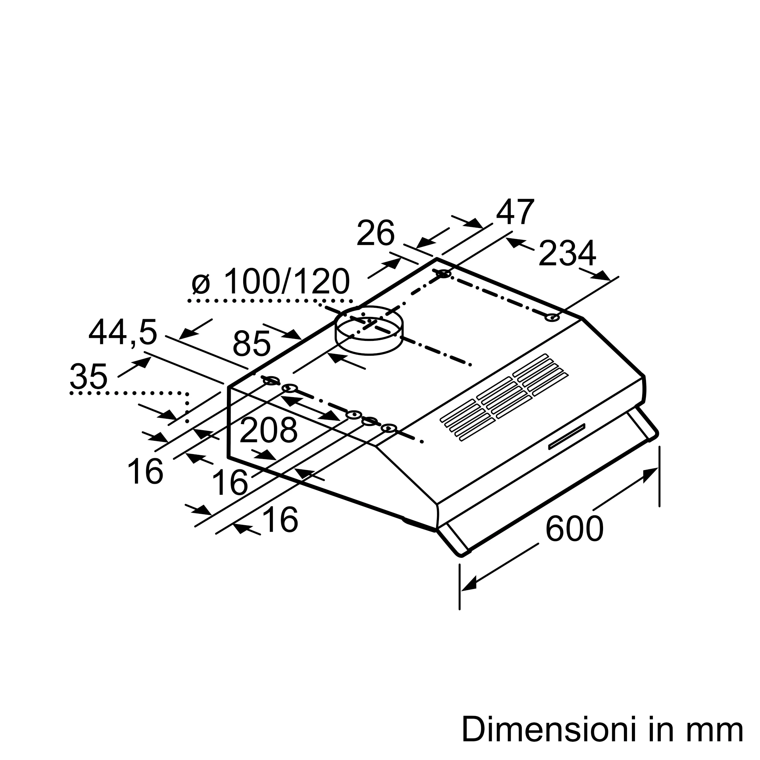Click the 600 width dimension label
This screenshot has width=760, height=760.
[574, 529]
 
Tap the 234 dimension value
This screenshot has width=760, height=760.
[567, 254]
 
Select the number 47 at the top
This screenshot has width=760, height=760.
[515, 212]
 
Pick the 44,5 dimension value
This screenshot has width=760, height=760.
[123, 334]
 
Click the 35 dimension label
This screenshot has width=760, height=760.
[89, 377]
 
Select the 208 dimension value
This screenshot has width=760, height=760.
[268, 431]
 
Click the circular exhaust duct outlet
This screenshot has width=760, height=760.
[369, 331]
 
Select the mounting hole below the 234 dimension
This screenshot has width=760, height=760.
[553, 317]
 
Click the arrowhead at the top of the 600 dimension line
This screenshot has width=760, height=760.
[650, 475]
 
